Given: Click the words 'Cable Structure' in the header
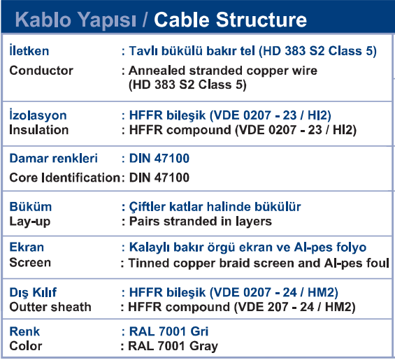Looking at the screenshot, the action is click(230, 20).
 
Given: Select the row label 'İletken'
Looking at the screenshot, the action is click(29, 50).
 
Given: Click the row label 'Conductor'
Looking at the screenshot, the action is click(41, 71).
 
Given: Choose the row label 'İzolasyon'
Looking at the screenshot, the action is click(38, 115).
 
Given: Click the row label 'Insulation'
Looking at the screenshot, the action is click(38, 130).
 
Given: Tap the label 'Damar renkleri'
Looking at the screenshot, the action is click(53, 159).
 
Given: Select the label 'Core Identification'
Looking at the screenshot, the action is click(65, 178).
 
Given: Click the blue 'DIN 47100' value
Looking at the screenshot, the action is click(159, 159).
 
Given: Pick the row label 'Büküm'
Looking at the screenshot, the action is click(31, 207).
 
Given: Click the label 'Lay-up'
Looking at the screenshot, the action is click(30, 222).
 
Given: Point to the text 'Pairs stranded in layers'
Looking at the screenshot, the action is click(201, 221).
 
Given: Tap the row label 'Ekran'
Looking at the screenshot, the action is click(27, 247).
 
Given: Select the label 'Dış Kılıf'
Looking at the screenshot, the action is click(33, 293).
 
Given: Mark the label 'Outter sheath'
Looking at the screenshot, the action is click(50, 307).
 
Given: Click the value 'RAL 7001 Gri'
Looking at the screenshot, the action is click(168, 331).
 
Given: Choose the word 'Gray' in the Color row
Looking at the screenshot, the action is click(203, 347).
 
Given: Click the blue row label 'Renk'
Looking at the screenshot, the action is click(24, 331).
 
